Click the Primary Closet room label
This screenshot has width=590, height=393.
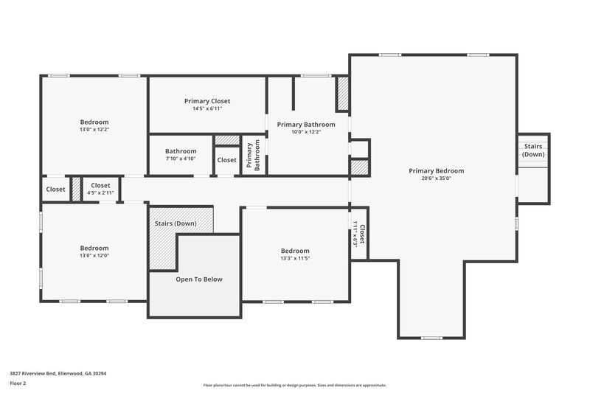point(207,101)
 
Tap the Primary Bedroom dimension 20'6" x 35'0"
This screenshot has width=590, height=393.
point(437,178)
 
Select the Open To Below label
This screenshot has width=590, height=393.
point(198,279)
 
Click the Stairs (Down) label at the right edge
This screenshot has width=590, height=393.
point(533,150)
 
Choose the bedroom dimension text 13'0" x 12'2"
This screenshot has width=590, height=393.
point(94,129)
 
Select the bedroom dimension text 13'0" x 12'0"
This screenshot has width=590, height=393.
point(94,255)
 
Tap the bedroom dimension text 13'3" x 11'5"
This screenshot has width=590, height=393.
point(295,258)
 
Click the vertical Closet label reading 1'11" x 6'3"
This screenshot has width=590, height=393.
point(359,234)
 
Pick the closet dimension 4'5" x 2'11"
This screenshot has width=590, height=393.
point(100,192)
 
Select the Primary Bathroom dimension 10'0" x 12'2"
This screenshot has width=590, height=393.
point(306,132)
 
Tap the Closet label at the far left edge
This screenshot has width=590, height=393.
point(56,189)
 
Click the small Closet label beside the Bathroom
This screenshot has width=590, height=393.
point(227,160)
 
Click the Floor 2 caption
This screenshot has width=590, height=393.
point(18,383)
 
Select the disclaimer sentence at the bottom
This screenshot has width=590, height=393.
point(295,385)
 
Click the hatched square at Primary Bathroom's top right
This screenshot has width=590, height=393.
point(343,94)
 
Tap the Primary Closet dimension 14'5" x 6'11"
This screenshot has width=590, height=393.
point(207,108)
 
